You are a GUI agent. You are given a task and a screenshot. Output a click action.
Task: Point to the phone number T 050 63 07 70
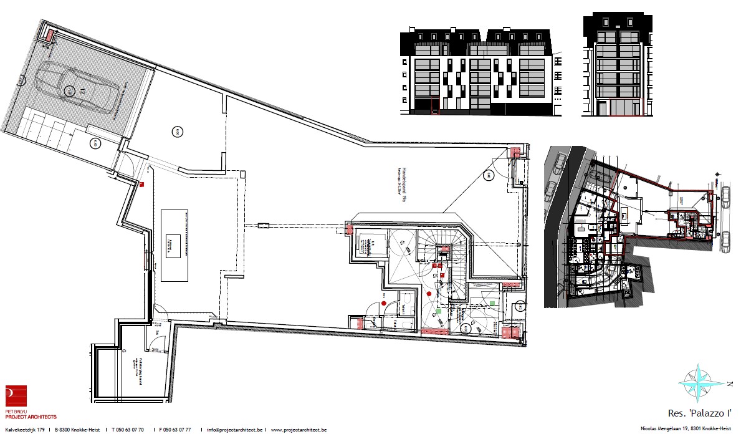point(128,430)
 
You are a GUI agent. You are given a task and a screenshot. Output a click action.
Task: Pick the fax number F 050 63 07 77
point(175,430)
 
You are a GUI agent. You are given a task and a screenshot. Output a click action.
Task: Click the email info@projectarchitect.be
point(236,430)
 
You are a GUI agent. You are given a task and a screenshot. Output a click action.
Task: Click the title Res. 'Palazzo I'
point(699,413)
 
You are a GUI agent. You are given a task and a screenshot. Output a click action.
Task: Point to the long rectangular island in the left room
point(175,245)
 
